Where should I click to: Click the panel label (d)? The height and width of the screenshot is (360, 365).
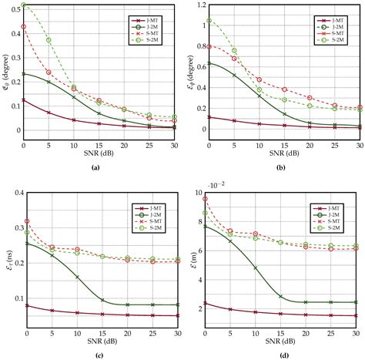coord(273,355)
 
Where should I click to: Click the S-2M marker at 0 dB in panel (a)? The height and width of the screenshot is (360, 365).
coord(24,5)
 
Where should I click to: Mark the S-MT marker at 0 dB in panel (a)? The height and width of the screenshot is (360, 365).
coord(24,26)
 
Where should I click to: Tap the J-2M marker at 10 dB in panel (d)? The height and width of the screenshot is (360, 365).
coord(256,268)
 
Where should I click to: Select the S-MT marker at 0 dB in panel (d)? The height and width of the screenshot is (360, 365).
coord(206,199)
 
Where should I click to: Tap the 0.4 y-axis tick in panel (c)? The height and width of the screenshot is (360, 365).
coord(15,193)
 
